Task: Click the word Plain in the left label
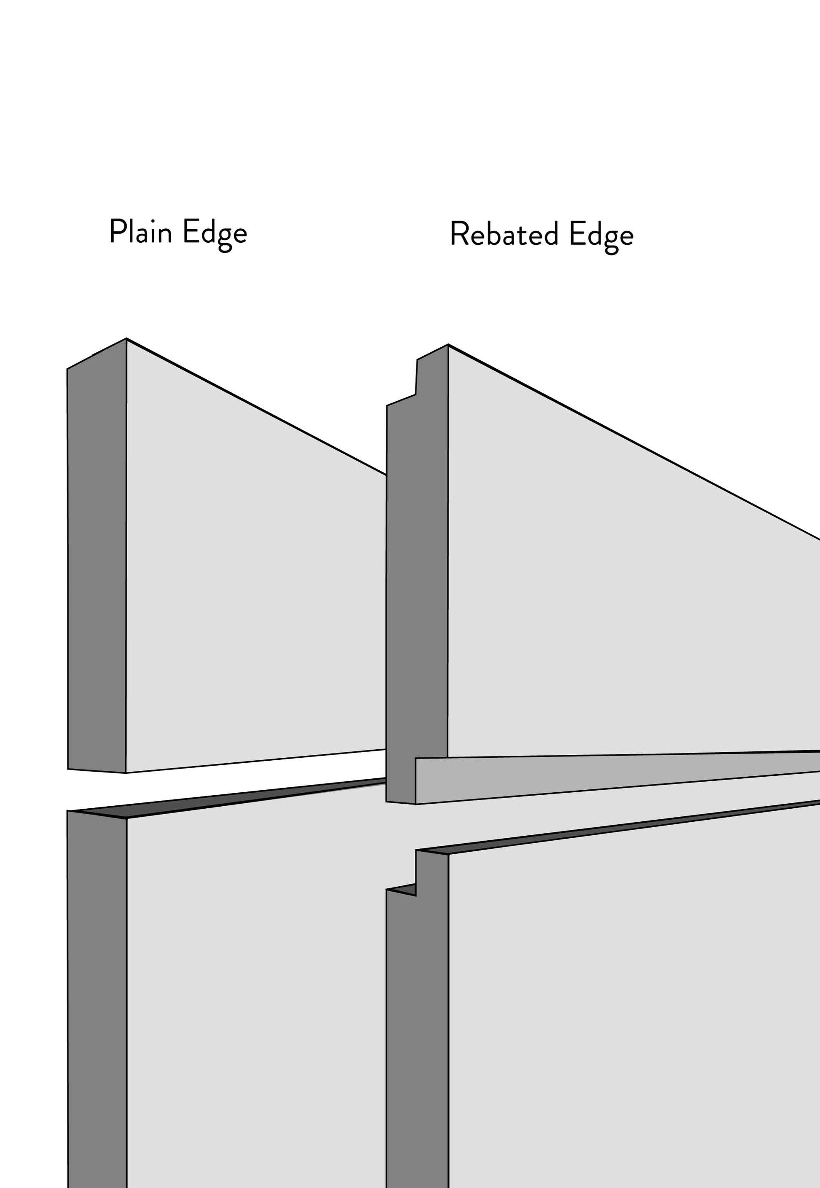pyautogui.click(x=140, y=232)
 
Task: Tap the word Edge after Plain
pyautogui.click(x=215, y=234)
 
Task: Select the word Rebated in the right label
pyautogui.click(x=504, y=235)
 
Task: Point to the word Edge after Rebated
pyautogui.click(x=601, y=236)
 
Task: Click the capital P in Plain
pyautogui.click(x=116, y=231)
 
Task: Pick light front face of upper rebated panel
pyautogui.click(x=616, y=617)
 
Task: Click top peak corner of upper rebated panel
pyautogui.click(x=448, y=345)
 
